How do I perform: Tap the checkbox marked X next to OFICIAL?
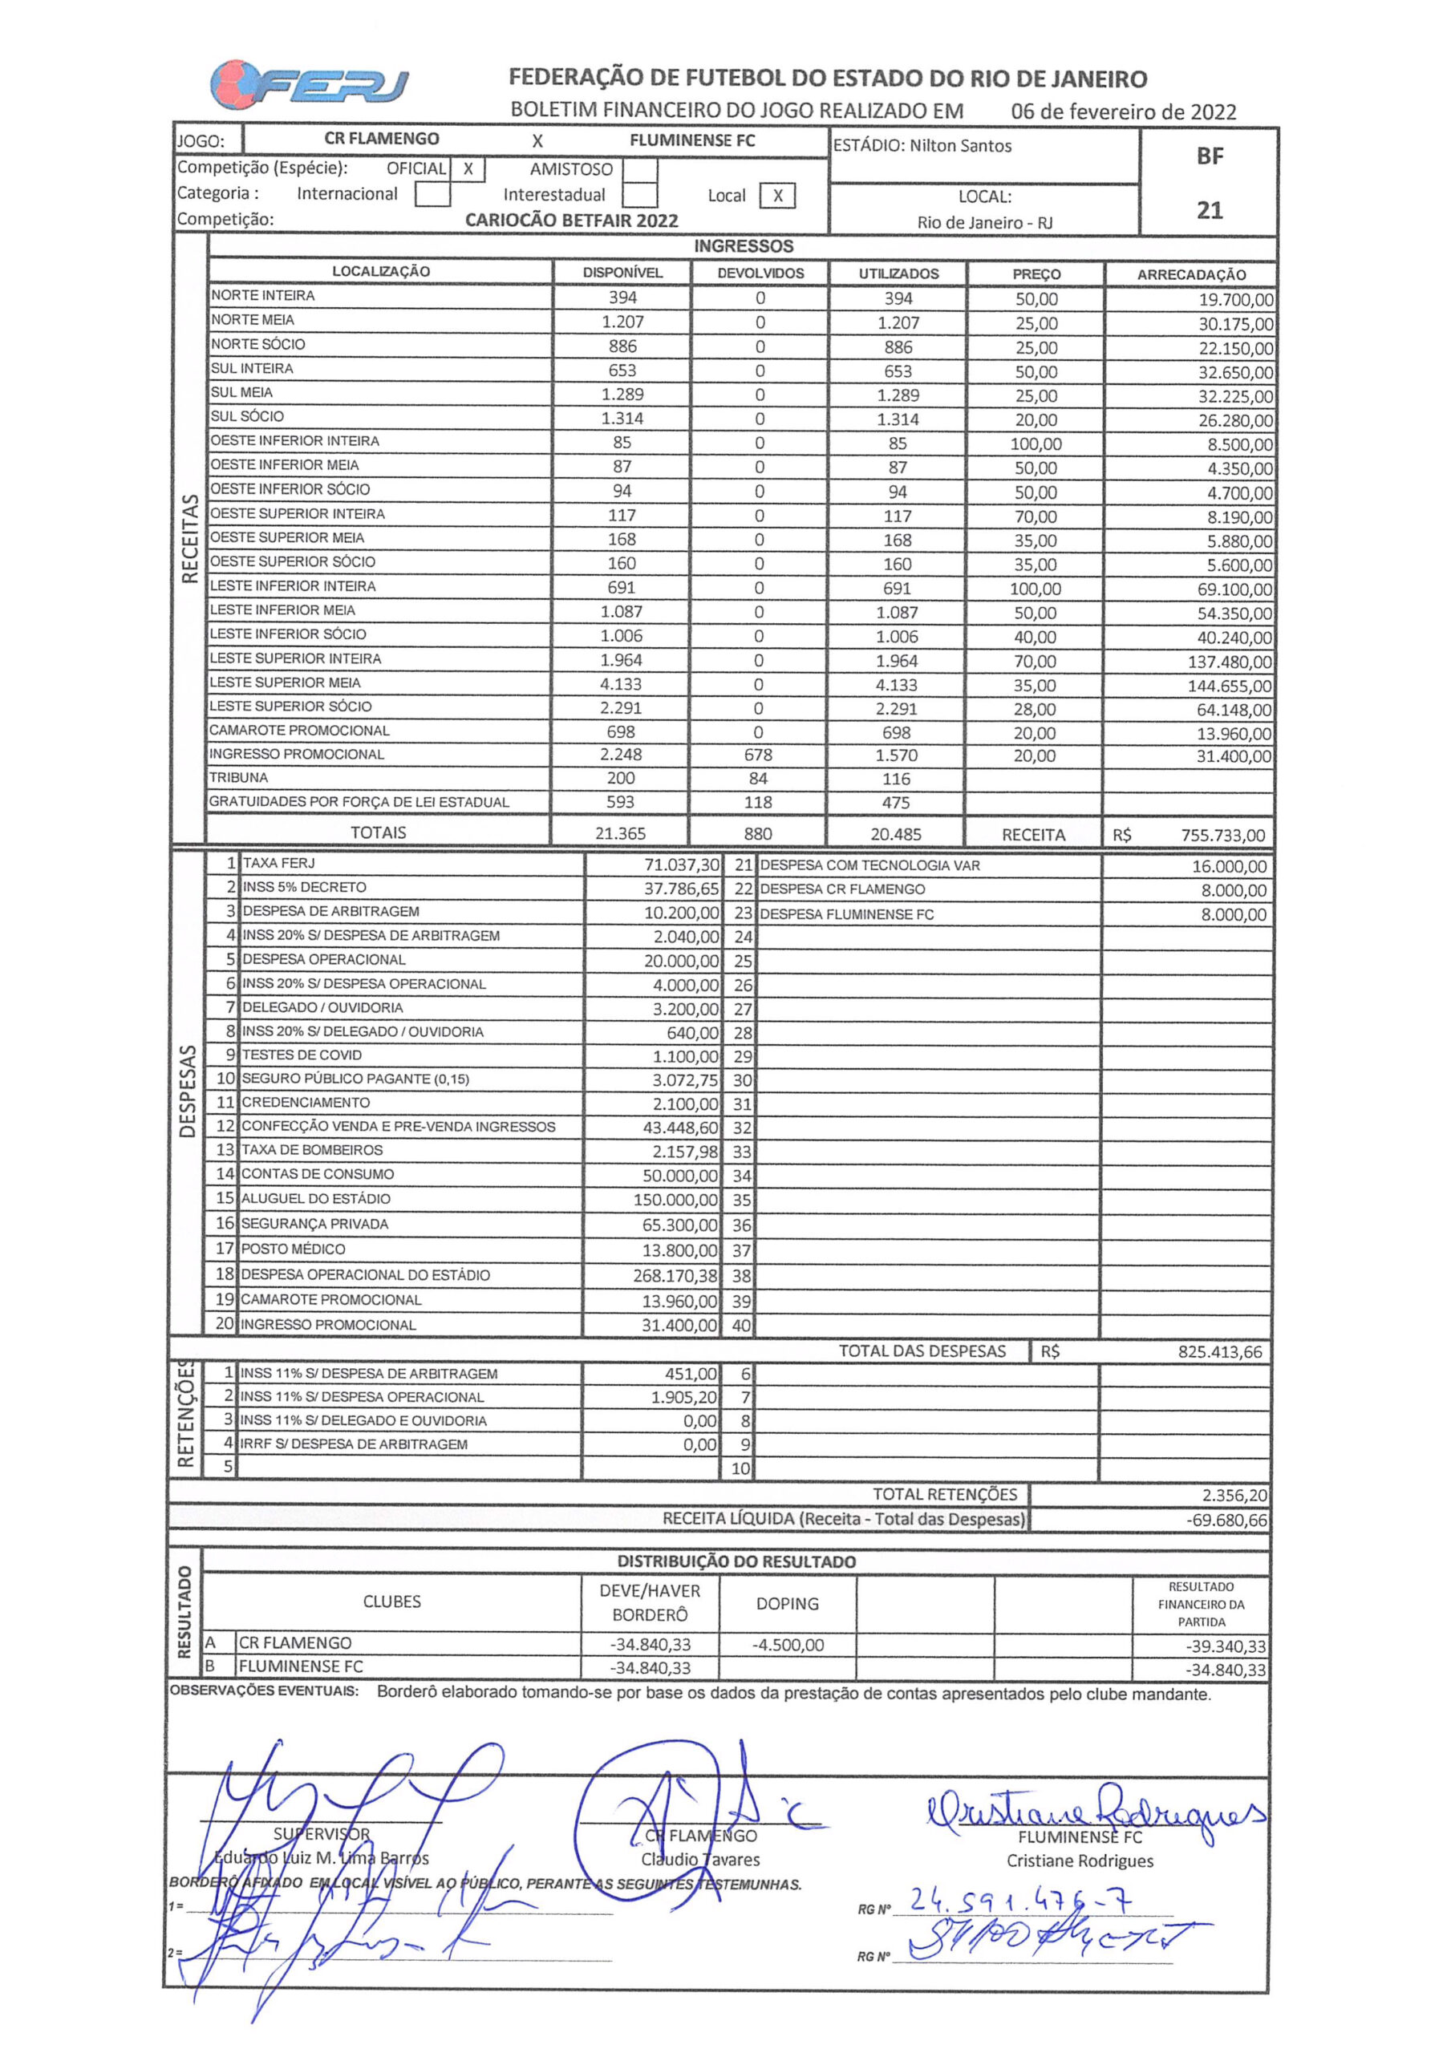[x=468, y=169]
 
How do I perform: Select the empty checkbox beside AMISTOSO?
[x=639, y=169]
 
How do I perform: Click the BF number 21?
[x=1210, y=210]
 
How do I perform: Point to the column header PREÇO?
[x=1036, y=274]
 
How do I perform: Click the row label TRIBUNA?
[x=239, y=778]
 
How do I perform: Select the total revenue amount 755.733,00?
[x=1222, y=835]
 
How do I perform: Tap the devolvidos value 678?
[x=758, y=755]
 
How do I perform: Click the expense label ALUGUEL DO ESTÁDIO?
[x=316, y=1198]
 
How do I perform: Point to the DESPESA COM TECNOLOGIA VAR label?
[x=869, y=865]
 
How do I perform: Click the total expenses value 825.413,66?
[x=1219, y=1352]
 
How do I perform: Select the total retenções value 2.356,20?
[x=1234, y=1495]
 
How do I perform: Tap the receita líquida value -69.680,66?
[x=1226, y=1520]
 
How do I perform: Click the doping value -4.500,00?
[x=787, y=1644]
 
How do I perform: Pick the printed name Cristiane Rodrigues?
[x=1080, y=1861]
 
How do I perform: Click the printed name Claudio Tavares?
[x=699, y=1859]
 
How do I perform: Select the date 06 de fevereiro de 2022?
[x=1124, y=111]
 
